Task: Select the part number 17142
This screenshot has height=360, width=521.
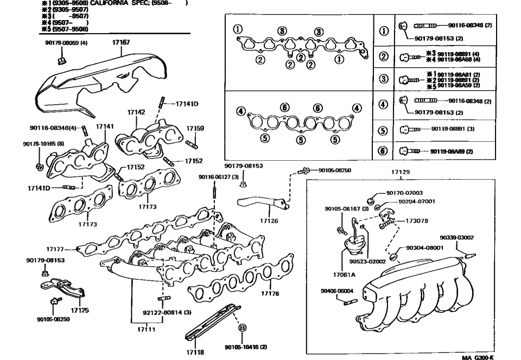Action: (136, 112)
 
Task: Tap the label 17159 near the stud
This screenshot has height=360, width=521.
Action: (195, 129)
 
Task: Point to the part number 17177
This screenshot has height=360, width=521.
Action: (55, 249)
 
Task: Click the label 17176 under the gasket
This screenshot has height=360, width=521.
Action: (270, 293)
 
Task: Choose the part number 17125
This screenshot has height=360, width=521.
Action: (80, 310)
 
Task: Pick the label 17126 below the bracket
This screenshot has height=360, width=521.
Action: (269, 221)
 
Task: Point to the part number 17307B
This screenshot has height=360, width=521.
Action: (417, 221)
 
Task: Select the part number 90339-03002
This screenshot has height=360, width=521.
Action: (456, 237)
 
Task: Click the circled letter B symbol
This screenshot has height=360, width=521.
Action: (243, 327)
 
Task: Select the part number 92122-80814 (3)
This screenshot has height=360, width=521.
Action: (167, 313)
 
